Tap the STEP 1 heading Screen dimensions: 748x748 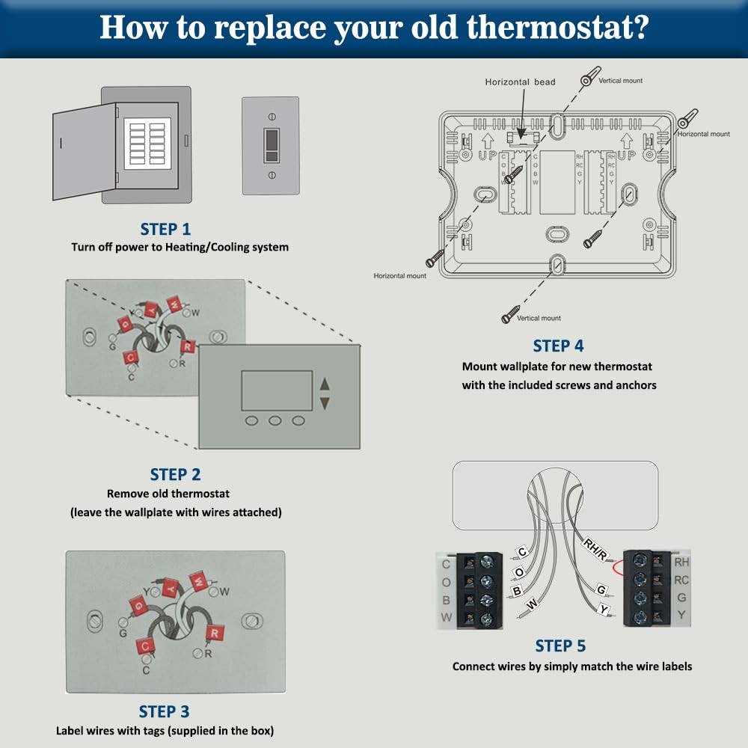point(165,229)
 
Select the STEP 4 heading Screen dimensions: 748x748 point(558,346)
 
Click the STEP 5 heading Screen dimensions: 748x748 point(560,646)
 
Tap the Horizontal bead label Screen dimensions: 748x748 point(520,82)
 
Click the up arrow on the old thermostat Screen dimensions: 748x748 point(324,384)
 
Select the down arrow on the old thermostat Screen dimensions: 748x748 point(324,402)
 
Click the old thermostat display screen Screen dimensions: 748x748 point(276,390)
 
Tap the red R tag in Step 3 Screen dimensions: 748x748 point(215,634)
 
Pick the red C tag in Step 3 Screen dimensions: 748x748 point(144,646)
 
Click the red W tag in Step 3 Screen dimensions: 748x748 point(199,578)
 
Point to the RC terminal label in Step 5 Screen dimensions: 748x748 point(681,580)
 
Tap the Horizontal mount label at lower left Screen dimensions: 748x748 point(399,276)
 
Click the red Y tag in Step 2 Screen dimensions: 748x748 point(152,308)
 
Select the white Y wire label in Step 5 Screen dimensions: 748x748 point(604,610)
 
